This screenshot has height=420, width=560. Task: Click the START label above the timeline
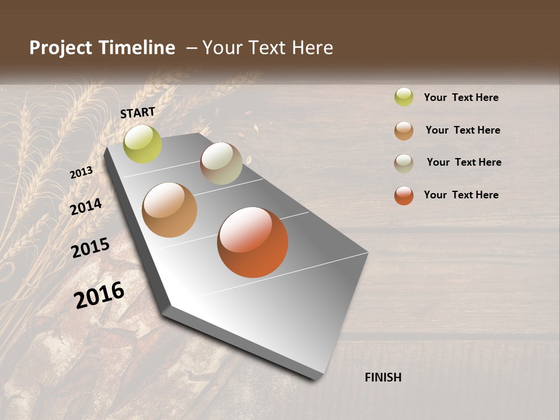(138, 113)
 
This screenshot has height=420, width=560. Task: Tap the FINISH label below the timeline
(383, 377)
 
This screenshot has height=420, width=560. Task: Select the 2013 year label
(81, 173)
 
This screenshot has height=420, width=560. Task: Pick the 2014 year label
(86, 207)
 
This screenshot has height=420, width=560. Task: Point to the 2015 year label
(90, 248)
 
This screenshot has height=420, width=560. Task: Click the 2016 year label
(99, 295)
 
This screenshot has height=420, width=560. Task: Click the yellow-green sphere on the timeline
(142, 144)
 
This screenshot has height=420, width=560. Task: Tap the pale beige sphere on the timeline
(221, 163)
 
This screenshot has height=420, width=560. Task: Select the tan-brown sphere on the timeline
(169, 210)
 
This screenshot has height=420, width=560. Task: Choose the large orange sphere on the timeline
(253, 242)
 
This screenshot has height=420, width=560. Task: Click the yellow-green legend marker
(404, 97)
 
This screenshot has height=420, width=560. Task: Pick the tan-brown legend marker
(404, 131)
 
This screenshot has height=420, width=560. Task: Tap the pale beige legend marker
(404, 163)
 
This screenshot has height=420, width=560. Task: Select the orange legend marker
(404, 195)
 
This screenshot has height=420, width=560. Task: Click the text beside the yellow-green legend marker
(461, 97)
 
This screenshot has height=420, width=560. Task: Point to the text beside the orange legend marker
(461, 195)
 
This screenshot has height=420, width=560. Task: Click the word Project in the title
(61, 48)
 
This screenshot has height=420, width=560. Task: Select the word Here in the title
(312, 48)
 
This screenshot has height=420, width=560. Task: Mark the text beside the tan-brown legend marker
(463, 130)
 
